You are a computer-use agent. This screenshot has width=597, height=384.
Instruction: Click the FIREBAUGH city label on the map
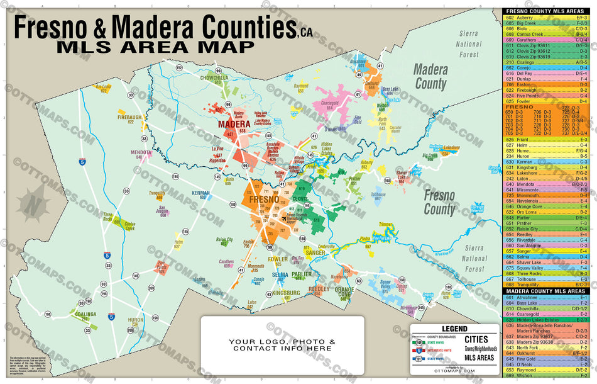pos(129,117)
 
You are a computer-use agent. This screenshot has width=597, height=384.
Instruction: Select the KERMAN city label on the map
pos(200,192)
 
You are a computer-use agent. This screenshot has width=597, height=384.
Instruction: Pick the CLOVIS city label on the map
pos(300,198)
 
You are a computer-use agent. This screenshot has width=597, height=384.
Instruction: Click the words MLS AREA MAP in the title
pos(155,47)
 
